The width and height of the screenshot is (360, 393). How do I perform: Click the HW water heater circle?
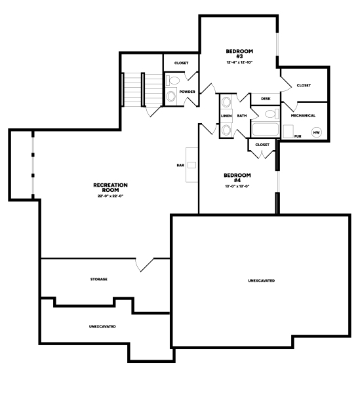[317, 132]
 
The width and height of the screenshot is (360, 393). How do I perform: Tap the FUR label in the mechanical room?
[298, 136]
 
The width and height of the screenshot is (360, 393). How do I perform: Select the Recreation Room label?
[110, 187]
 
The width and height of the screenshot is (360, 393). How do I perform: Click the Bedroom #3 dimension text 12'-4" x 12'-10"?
[239, 62]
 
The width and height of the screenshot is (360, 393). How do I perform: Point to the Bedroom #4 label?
[237, 178]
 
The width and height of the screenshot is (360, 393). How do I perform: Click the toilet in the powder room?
[173, 81]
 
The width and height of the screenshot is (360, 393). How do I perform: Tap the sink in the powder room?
[171, 96]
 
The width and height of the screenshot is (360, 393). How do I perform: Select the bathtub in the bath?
[266, 129]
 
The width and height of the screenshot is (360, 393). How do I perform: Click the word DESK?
[266, 99]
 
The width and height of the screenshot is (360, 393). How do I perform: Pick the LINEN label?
[226, 116]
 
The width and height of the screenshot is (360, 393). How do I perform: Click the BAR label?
[180, 165]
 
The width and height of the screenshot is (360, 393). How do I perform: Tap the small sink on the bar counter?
[192, 165]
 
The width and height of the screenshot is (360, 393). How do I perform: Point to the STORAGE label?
[99, 279]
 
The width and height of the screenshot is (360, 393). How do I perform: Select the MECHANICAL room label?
[303, 115]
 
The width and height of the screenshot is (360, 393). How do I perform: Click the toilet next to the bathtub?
[271, 114]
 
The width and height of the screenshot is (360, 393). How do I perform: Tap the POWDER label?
[187, 92]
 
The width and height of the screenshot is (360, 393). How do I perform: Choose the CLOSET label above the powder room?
[182, 63]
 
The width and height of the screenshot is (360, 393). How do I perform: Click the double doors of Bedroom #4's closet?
[262, 155]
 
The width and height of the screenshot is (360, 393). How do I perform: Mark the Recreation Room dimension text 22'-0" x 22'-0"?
[110, 196]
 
